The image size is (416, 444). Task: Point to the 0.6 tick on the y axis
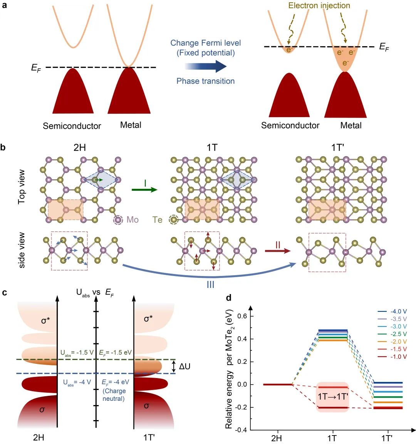242,316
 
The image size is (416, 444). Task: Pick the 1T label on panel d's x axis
332,438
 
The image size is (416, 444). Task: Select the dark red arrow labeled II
278,251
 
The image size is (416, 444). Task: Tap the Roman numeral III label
210,284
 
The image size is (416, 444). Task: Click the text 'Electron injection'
319,5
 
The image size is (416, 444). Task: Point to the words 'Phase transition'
205,81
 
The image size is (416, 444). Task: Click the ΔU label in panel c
185,366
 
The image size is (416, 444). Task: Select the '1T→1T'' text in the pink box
332,397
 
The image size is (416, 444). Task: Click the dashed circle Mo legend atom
118,220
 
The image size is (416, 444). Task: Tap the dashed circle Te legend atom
174,220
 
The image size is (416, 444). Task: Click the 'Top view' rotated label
22,187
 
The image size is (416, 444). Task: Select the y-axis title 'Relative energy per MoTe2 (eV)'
229,369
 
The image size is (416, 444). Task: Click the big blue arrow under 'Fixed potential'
206,66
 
